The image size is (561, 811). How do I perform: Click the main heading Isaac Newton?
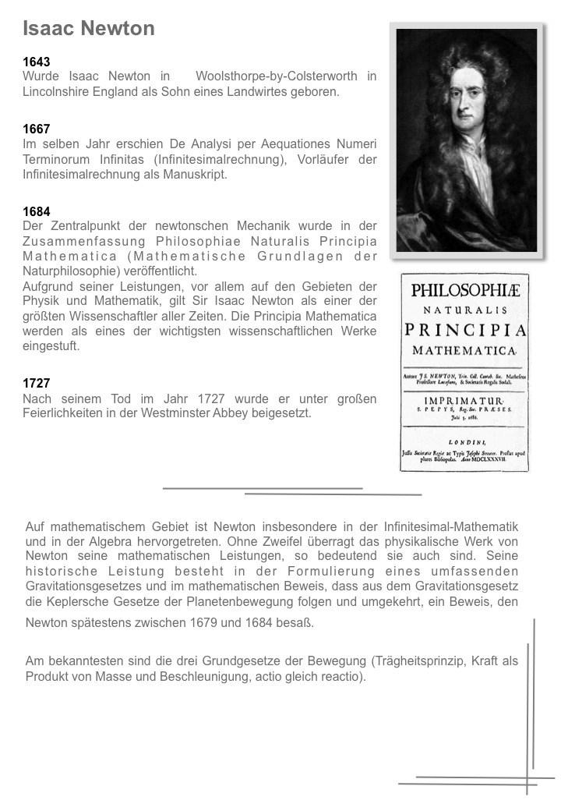(89, 29)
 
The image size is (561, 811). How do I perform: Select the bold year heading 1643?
(37, 62)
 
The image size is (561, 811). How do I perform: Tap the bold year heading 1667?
(37, 129)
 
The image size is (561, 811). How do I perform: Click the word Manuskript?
(198, 174)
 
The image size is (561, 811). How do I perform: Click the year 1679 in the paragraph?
(204, 623)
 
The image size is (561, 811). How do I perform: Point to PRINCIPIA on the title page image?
(465, 331)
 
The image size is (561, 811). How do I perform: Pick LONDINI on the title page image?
(464, 441)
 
